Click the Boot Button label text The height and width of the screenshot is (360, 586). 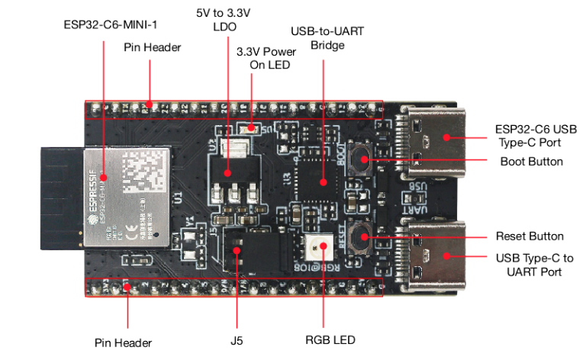pyautogui.click(x=531, y=162)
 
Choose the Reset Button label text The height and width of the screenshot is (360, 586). pyautogui.click(x=529, y=236)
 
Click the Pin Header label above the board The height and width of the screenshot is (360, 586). pyautogui.click(x=153, y=47)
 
